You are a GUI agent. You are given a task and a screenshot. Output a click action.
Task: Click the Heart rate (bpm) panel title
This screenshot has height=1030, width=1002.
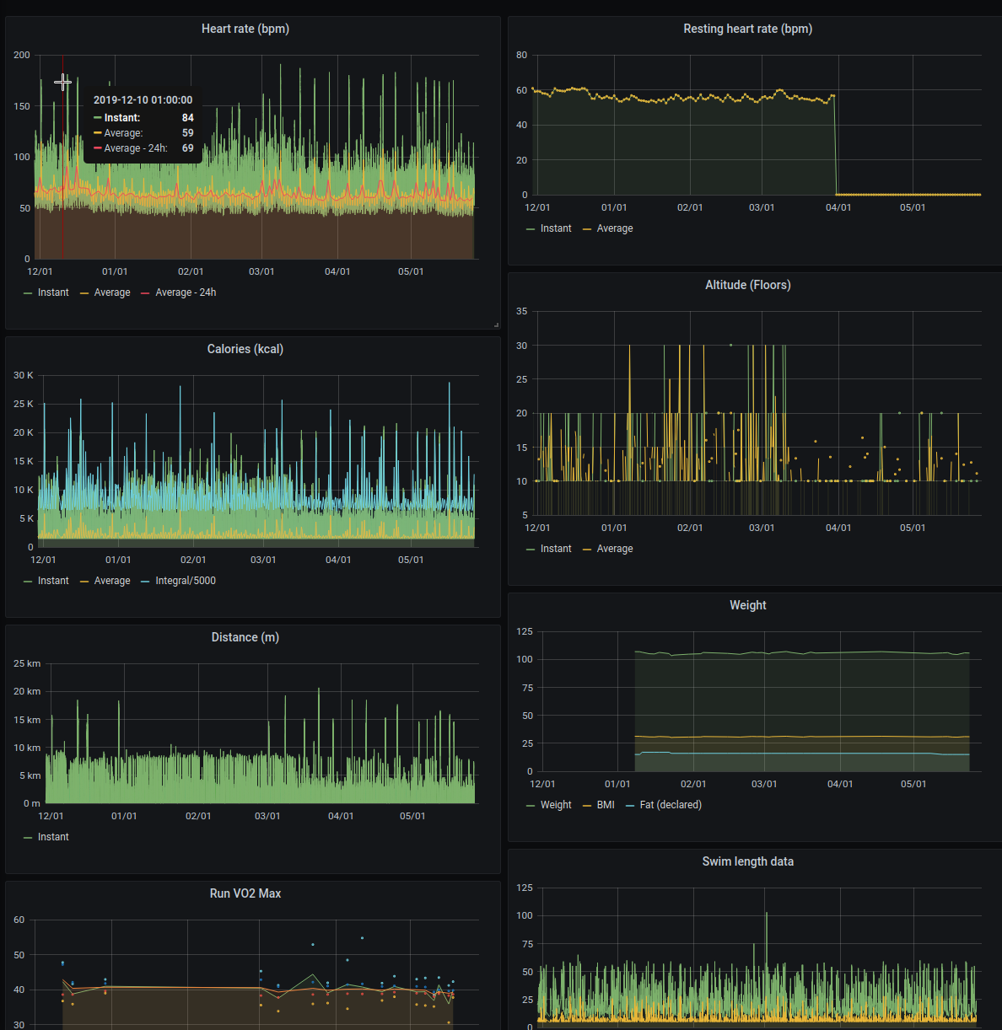[x=245, y=29]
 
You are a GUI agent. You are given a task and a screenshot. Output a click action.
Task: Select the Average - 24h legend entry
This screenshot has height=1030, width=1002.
[x=186, y=292]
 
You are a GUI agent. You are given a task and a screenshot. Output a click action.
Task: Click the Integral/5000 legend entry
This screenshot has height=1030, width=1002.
[x=186, y=581]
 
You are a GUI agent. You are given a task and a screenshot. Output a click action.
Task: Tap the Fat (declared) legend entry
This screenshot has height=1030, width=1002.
[x=671, y=805]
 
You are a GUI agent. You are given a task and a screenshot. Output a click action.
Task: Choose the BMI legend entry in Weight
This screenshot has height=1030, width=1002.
[x=606, y=805]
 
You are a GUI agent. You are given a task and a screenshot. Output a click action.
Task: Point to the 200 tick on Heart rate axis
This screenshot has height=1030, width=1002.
[x=22, y=55]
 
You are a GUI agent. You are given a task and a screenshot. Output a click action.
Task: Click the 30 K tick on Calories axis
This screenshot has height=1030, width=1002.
[x=24, y=375]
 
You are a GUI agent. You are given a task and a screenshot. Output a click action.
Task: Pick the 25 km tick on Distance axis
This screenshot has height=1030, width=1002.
[x=27, y=663]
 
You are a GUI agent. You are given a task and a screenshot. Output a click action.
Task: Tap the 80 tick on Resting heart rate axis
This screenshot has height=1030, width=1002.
[x=522, y=55]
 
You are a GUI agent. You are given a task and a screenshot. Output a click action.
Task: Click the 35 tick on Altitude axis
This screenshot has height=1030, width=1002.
[x=522, y=311]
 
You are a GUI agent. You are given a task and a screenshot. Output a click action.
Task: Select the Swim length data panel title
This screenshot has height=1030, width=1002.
[x=747, y=861]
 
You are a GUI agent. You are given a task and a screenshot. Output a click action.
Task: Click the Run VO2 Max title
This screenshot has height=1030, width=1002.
[x=245, y=893]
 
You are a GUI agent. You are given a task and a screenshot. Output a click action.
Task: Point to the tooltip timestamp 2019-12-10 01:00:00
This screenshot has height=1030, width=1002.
[x=143, y=99]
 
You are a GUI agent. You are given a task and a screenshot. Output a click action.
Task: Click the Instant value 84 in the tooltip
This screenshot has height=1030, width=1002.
[x=187, y=118]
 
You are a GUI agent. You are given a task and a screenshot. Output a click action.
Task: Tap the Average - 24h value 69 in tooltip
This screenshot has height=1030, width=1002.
[x=187, y=148]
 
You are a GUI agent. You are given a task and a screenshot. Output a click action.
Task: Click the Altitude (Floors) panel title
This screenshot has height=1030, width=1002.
[x=747, y=285]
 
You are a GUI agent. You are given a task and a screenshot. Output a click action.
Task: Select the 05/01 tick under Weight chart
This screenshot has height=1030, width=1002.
[x=913, y=784]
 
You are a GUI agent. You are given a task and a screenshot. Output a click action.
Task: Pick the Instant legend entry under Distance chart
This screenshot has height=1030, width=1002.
[x=53, y=837]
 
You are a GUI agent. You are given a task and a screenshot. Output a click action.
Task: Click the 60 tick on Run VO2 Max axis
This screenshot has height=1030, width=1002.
[x=19, y=920]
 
